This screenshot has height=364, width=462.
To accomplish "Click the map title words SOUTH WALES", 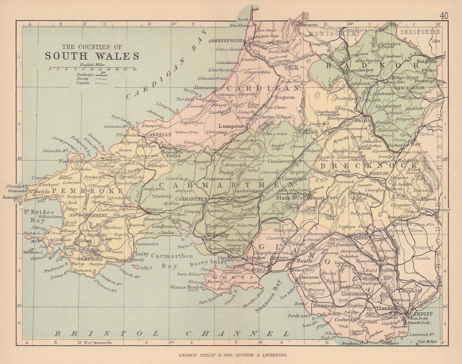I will tap(92, 56).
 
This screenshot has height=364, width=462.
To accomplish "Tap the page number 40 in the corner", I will tap(444, 16).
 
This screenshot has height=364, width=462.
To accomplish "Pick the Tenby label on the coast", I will tap(142, 254).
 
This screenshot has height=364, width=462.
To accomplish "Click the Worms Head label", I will tap(184, 287).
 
